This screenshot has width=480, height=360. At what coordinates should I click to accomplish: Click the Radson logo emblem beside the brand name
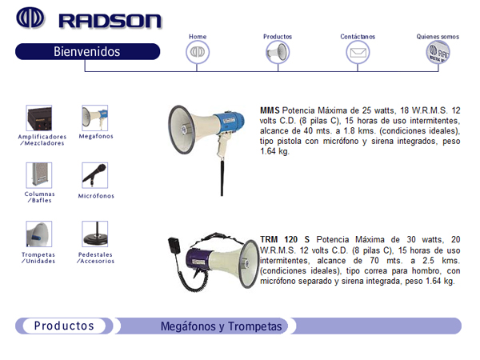30,18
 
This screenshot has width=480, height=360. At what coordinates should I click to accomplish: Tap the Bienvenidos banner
87,51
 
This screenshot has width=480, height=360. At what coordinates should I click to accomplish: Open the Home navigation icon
198,52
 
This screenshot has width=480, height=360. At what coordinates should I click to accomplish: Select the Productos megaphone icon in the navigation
278,52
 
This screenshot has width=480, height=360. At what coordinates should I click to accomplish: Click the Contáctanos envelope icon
358,52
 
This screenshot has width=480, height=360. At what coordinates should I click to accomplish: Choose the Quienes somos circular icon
438,52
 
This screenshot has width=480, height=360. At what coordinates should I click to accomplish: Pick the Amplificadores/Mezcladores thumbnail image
39,118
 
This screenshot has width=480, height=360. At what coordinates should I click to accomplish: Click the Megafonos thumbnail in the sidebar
95,118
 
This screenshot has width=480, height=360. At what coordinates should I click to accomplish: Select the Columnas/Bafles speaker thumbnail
39,175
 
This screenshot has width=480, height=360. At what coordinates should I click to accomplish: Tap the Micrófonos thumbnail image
95,175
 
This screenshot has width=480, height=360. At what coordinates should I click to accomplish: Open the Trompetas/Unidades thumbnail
39,234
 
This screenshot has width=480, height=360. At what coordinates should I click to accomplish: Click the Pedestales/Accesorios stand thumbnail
95,234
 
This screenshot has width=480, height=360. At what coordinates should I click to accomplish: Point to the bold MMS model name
270,110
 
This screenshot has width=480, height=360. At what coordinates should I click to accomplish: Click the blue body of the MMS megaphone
230,122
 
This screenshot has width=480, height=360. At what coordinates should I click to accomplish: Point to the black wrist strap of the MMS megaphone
222,177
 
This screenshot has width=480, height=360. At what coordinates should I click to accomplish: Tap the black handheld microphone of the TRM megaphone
174,246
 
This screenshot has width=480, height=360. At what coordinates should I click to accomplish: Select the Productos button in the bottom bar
64,326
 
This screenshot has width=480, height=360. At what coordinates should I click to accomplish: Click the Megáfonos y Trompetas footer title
221,326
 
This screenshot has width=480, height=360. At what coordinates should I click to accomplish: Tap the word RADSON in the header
110,21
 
